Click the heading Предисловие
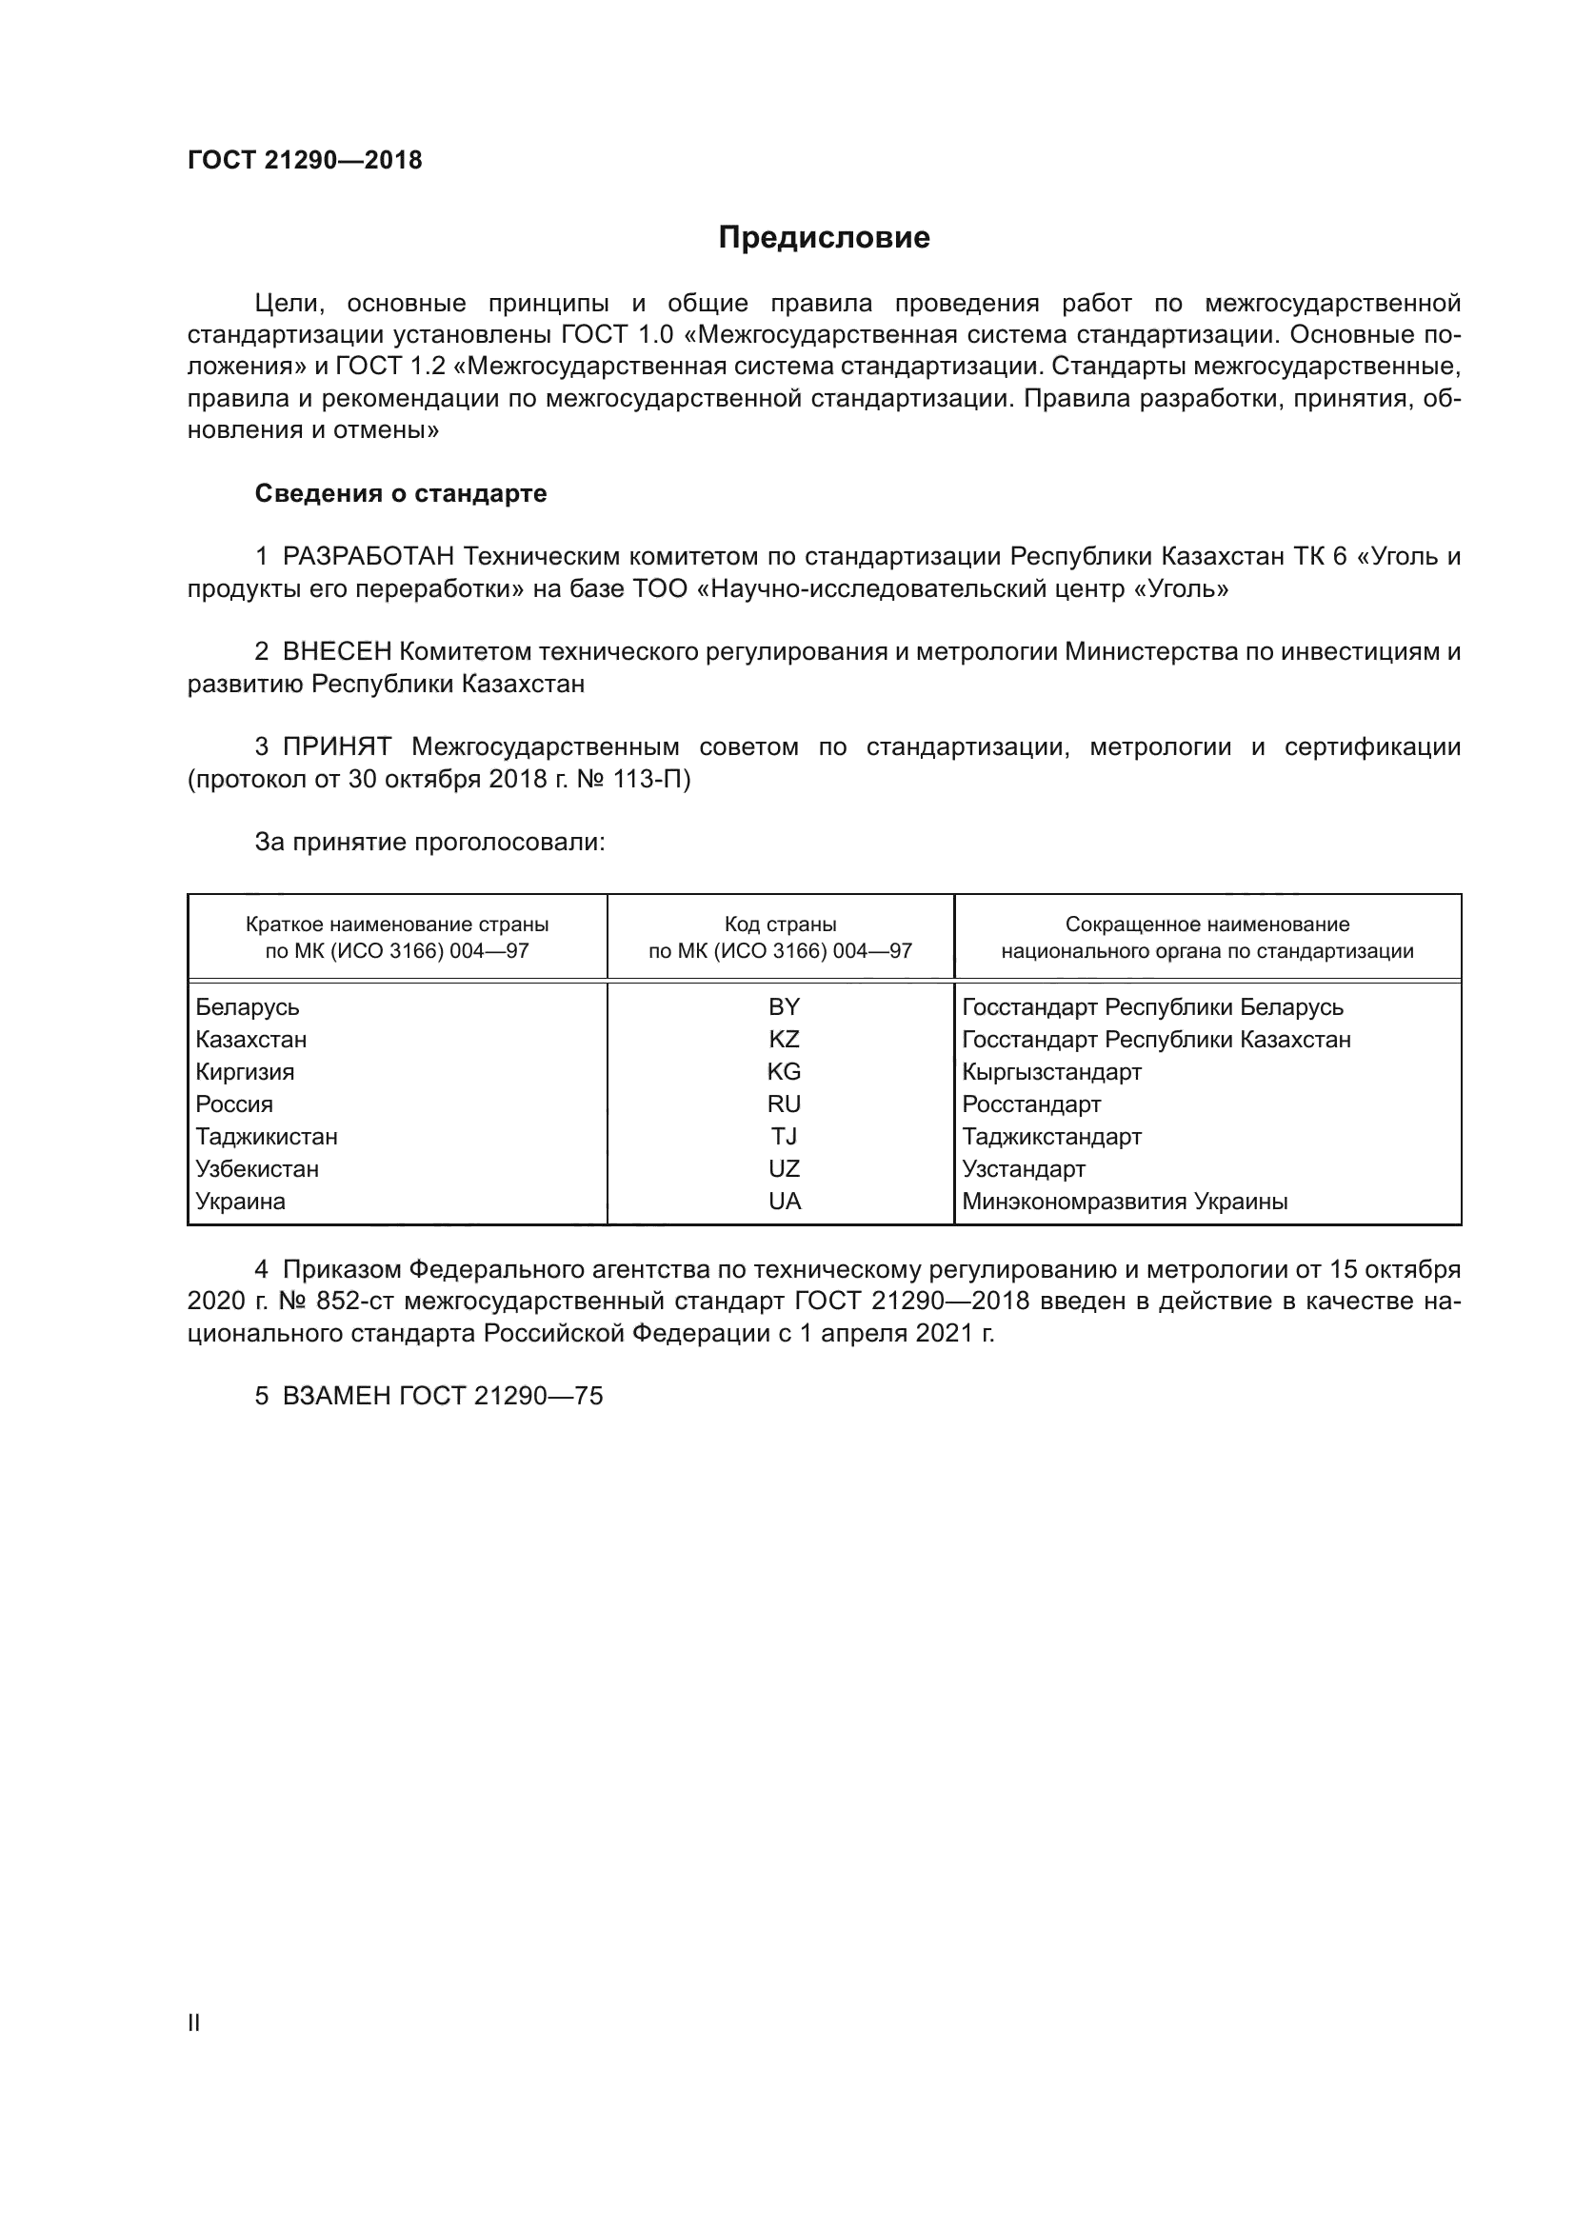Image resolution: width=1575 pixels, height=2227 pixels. (x=824, y=238)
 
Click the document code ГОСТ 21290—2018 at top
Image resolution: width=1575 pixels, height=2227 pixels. (x=305, y=161)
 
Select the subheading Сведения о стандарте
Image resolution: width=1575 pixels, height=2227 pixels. (x=401, y=494)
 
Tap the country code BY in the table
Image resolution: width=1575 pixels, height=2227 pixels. (x=784, y=1006)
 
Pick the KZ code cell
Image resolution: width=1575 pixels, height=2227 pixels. (x=784, y=1040)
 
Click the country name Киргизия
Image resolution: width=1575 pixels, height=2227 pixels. (x=245, y=1072)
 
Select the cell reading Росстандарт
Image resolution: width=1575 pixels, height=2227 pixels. (x=1031, y=1104)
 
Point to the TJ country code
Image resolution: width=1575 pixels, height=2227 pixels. (x=784, y=1137)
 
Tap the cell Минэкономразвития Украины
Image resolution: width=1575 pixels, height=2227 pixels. (x=1124, y=1202)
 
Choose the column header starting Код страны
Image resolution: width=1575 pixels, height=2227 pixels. (x=780, y=937)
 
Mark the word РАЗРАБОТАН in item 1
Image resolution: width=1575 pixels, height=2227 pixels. (x=369, y=557)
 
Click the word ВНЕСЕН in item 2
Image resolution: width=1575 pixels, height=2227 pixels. (x=337, y=652)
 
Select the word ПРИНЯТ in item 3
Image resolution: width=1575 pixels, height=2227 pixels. (x=336, y=746)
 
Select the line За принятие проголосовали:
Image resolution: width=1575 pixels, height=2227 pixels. (x=429, y=842)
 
